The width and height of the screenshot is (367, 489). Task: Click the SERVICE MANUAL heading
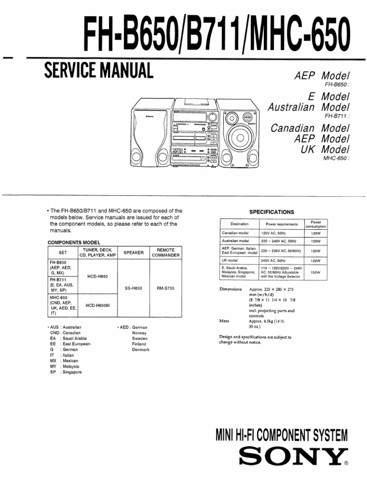tap(98, 71)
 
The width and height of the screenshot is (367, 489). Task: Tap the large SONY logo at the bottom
tap(292, 458)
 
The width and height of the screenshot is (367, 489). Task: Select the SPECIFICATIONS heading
tap(272, 212)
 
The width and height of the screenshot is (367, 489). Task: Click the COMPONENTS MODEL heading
tap(73, 243)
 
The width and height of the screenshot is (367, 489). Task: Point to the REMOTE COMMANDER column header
tap(166, 253)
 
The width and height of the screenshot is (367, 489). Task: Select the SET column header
tap(63, 253)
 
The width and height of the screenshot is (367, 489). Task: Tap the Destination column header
tap(239, 224)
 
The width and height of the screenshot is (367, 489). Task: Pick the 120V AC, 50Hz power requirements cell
tap(272, 233)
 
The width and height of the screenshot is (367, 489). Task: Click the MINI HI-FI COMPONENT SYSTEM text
tap(281, 435)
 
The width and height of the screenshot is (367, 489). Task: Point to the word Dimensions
tap(231, 289)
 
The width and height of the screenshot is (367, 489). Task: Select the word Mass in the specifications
tap(224, 321)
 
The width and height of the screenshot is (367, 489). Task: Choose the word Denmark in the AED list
tap(141, 350)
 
